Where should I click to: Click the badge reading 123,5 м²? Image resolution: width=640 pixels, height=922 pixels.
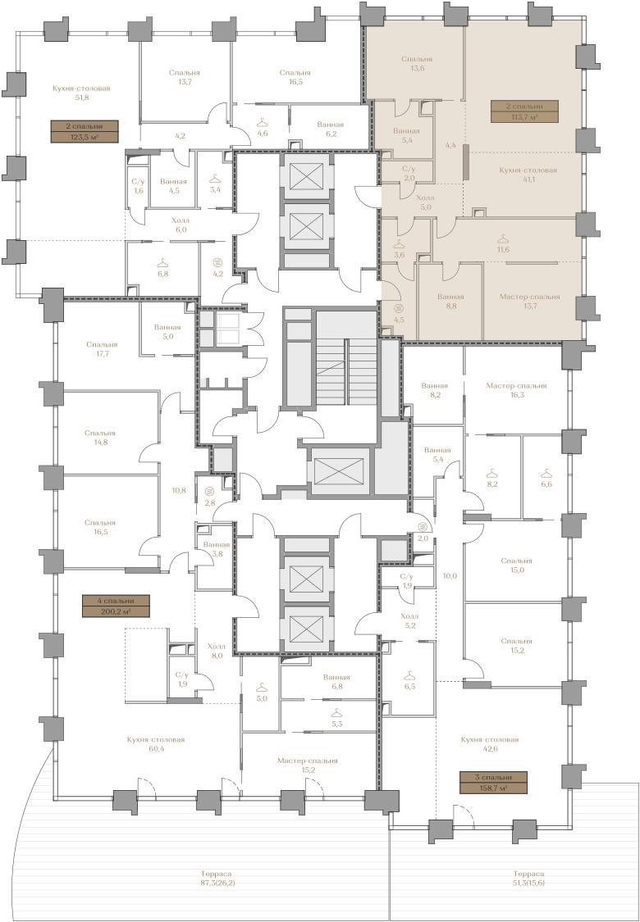pos(85,132)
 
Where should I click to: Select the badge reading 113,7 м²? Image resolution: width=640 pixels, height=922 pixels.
pos(524,111)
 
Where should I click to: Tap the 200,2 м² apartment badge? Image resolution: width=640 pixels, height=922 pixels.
pos(116,606)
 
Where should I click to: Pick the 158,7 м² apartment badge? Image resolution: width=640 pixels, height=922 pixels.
pos(493,782)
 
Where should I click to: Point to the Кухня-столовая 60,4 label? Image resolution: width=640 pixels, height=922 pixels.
pos(155,744)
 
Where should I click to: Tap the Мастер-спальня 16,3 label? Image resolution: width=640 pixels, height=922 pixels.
pos(516,390)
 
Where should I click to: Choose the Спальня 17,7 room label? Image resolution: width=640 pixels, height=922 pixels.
pos(101,348)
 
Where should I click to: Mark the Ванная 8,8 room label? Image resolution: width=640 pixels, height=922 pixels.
pos(450,301)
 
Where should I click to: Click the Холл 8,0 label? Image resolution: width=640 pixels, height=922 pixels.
pos(216,651)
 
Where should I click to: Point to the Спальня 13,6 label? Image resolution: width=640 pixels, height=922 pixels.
pos(417,63)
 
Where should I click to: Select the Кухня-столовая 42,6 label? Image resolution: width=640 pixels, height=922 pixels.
pos(489,744)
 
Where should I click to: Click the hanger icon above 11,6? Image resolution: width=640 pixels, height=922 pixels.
pos(502,238)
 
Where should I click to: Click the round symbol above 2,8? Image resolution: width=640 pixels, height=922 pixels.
pos(208,491)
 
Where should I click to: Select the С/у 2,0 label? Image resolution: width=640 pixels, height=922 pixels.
pos(409,174)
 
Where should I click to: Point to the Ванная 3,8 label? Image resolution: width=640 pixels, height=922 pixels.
pos(217,548)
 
